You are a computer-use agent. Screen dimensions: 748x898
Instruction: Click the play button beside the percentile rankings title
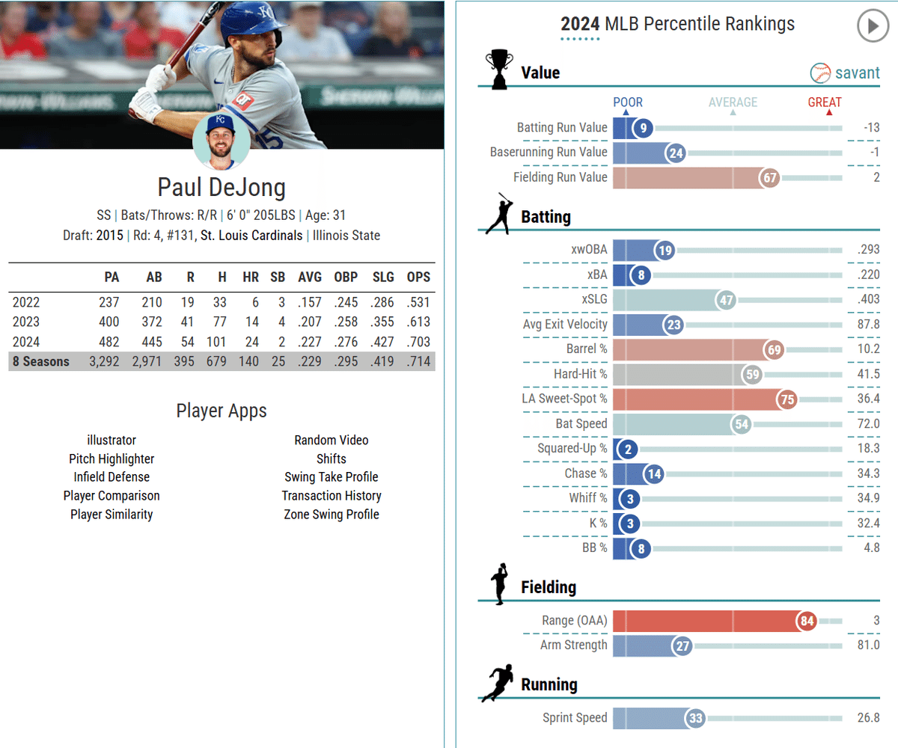coord(871,27)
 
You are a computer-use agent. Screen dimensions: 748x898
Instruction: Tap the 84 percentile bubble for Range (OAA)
coord(807,621)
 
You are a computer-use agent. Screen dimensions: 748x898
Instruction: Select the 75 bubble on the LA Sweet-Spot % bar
coord(787,399)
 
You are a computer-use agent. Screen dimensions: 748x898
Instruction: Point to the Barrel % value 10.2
coord(868,349)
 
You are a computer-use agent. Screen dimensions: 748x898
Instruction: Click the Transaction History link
coord(332,496)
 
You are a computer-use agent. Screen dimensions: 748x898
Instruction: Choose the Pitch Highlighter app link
coord(112,459)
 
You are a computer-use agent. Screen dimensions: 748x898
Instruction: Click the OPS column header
coord(418,278)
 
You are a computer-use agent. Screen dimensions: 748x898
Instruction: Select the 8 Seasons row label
coord(41,362)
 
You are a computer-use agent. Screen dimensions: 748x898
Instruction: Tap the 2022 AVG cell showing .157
coord(309,303)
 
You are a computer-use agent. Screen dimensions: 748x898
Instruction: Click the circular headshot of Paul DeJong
coord(222,141)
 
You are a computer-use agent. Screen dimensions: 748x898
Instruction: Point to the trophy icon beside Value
coord(499,70)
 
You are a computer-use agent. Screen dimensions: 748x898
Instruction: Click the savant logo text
coord(858,73)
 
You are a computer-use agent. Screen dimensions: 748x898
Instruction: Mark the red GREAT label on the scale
coord(825,102)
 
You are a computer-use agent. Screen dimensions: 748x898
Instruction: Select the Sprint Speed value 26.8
coord(868,718)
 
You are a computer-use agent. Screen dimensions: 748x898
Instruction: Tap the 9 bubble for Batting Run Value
coord(642,128)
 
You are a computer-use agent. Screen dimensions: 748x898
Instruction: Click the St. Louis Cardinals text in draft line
coord(251,236)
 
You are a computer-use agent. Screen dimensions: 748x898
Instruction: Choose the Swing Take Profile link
coord(332,477)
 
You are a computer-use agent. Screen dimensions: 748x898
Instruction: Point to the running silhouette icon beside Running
coord(498,683)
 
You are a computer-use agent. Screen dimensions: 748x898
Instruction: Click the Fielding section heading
coord(549,588)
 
